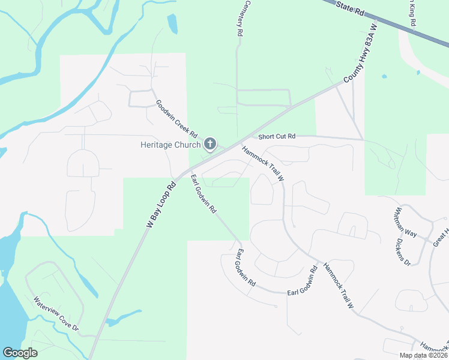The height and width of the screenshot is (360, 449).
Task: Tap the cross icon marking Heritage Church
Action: [210, 143]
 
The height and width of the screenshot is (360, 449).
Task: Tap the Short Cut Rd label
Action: [277, 136]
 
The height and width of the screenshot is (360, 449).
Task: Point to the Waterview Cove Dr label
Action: [56, 314]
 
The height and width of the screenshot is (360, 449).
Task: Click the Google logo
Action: [20, 353]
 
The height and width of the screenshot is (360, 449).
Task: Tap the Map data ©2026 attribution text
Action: [423, 355]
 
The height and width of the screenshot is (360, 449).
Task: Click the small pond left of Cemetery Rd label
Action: [173, 23]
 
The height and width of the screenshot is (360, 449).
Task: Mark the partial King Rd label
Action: [412, 12]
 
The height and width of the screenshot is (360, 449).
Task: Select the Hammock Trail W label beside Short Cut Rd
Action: [263, 163]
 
